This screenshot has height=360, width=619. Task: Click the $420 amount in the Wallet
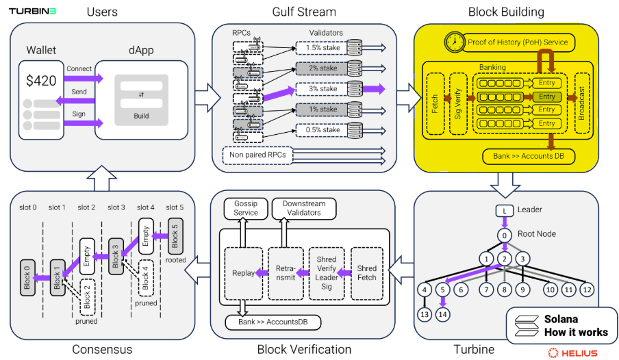(42, 81)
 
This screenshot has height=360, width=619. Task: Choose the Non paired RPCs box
(257, 155)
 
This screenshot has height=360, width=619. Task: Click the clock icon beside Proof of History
(453, 42)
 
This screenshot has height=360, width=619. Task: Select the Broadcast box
(583, 103)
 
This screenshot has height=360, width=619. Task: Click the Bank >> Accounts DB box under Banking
(529, 157)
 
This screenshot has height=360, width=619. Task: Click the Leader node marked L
(505, 209)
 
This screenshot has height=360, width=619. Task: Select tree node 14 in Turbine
(444, 313)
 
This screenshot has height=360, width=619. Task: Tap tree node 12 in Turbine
(587, 290)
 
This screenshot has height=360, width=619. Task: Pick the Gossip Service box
(246, 207)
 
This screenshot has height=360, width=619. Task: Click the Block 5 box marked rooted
(176, 235)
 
